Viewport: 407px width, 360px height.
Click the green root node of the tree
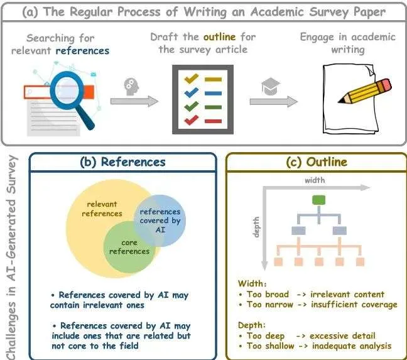pyautogui.click(x=318, y=200)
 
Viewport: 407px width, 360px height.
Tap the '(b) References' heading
pyautogui.click(x=123, y=161)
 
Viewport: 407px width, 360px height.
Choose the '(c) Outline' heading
pyautogui.click(x=317, y=161)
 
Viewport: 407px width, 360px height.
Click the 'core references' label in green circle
pyautogui.click(x=129, y=247)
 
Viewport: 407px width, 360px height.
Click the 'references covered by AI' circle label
pyautogui.click(x=160, y=221)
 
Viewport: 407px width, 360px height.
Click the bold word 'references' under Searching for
pyautogui.click(x=82, y=50)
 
